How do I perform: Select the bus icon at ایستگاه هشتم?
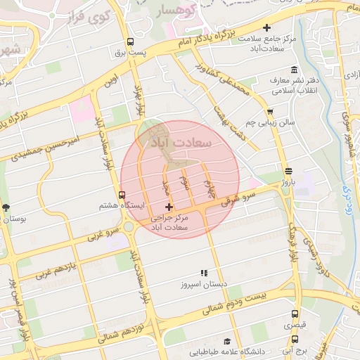[x=122, y=195]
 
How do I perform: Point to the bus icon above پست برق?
[x=129, y=41]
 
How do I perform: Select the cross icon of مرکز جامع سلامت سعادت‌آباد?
[x=266, y=27]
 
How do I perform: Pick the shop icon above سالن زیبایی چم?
[x=270, y=111]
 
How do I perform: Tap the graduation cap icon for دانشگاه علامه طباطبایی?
[x=226, y=340]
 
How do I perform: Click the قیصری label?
[x=295, y=326]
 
